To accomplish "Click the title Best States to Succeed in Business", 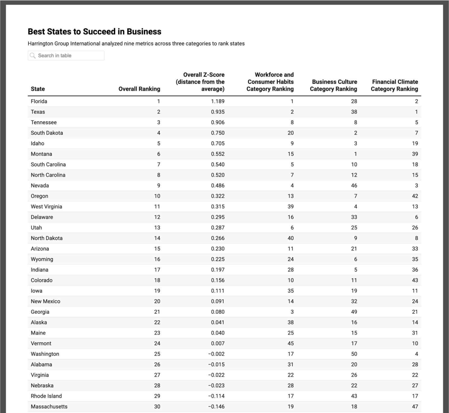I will pyautogui.click(x=94, y=32).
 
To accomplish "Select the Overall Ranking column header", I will pyautogui.click(x=139, y=89).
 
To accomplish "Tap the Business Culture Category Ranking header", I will pyautogui.click(x=333, y=85).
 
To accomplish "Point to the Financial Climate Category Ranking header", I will pyautogui.click(x=394, y=85).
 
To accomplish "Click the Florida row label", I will pyautogui.click(x=39, y=101).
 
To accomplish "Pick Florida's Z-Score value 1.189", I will pyautogui.click(x=217, y=101).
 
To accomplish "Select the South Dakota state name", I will pyautogui.click(x=47, y=133).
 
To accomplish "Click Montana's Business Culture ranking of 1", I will pyautogui.click(x=355, y=154).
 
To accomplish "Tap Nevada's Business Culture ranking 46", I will pyautogui.click(x=354, y=185).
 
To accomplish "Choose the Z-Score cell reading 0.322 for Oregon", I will pyautogui.click(x=217, y=196).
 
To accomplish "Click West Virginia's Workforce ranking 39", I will pyautogui.click(x=290, y=206).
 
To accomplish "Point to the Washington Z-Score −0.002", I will pyautogui.click(x=216, y=354).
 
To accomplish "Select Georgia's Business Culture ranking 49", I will pyautogui.click(x=354, y=312).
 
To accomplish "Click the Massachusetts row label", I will pyautogui.click(x=49, y=407).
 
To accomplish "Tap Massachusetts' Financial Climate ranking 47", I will pyautogui.click(x=415, y=407).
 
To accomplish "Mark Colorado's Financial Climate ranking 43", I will pyautogui.click(x=415, y=280).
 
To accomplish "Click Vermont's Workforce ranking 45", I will pyautogui.click(x=290, y=343).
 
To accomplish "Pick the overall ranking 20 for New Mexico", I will pyautogui.click(x=157, y=301).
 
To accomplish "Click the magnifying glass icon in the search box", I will pyautogui.click(x=33, y=55).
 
